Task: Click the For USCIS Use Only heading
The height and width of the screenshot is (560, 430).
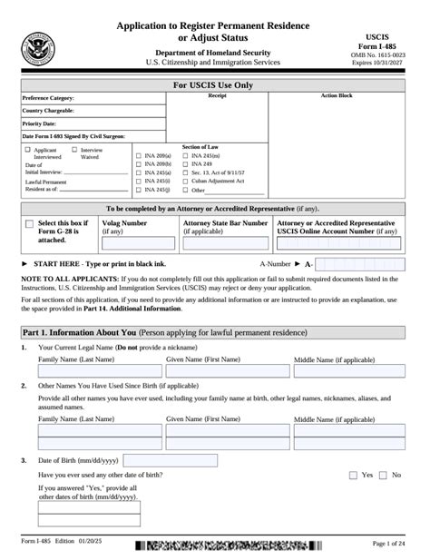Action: [x=214, y=85]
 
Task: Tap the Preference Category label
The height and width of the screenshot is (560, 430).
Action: [x=49, y=97]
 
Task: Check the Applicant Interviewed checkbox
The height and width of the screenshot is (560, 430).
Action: [x=28, y=150]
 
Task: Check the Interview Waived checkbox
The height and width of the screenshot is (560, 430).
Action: [x=74, y=150]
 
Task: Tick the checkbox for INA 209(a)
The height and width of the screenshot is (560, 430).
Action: [x=138, y=156]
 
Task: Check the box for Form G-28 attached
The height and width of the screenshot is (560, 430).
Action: [x=31, y=223]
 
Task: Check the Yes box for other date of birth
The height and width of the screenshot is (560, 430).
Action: [x=354, y=475]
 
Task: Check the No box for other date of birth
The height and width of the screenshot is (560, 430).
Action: [x=384, y=475]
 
